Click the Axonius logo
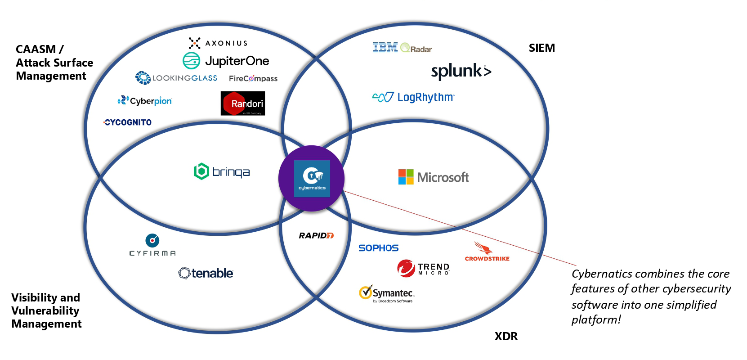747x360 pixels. pos(218,43)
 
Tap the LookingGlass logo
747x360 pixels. pos(176,78)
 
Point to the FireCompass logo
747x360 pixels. pos(253,78)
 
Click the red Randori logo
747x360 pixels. pos(243,103)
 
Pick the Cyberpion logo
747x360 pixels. pos(145,101)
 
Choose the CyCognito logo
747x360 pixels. pos(128,122)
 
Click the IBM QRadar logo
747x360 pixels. pos(403,48)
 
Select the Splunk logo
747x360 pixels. pos(461,71)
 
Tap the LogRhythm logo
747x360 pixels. pos(414,97)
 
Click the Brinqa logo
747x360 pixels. pos(222,171)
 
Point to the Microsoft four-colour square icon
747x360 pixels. pos(406,177)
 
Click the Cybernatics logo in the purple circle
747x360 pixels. pos(312,179)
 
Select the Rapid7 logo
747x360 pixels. pos(316,235)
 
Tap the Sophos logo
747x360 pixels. pos(378,248)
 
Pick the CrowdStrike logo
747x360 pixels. pos(487,252)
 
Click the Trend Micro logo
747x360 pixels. pos(423,268)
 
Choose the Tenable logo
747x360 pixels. pos(206,273)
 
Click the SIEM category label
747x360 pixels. pos(542,48)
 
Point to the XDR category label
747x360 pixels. pos(506,336)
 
